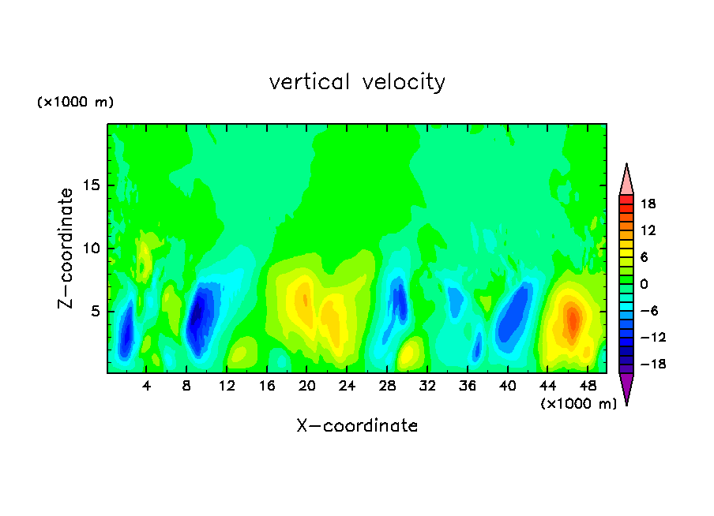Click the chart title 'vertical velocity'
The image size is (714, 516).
[x=357, y=82]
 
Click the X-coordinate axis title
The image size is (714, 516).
[x=357, y=425]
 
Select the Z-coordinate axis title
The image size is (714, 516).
[x=66, y=249]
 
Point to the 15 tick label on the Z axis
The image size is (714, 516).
[x=92, y=185]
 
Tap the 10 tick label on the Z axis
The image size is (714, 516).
[x=92, y=249]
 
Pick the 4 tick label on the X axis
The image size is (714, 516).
[x=146, y=387]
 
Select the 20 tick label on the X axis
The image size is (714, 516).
[x=307, y=387]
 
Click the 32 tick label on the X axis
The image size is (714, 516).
[x=427, y=387]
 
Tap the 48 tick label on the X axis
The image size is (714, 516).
[x=588, y=387]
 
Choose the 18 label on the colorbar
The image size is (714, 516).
[x=648, y=204]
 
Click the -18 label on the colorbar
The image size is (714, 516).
[x=653, y=364]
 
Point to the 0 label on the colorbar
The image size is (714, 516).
[x=644, y=284]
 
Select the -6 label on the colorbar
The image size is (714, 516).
[x=649, y=311]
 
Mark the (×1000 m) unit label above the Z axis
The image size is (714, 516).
[x=75, y=102]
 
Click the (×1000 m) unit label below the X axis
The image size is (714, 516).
[x=578, y=404]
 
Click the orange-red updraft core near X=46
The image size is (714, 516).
[x=573, y=320]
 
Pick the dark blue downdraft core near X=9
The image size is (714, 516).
[x=196, y=314]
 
